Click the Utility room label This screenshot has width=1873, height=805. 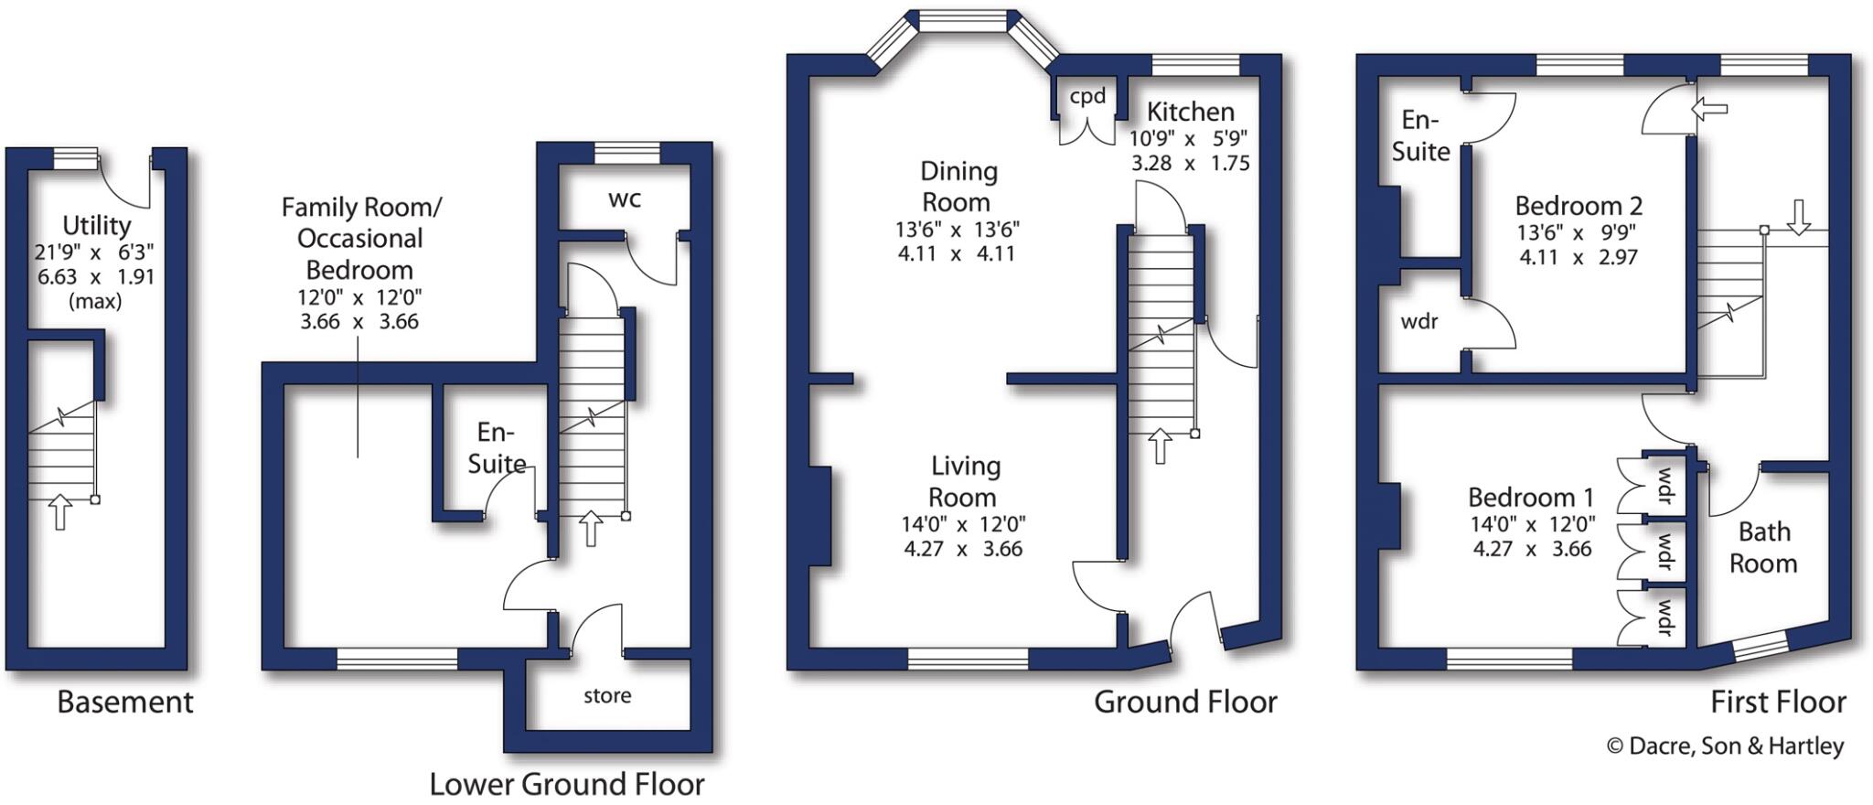[x=96, y=225]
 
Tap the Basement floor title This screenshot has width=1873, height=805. [x=125, y=703]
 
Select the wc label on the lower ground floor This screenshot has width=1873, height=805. [x=625, y=199]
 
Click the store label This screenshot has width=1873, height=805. [x=607, y=696]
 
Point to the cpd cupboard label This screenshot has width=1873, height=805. [x=1087, y=97]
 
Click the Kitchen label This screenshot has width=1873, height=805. [x=1190, y=113]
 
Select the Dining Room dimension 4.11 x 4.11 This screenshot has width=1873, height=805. [x=957, y=253]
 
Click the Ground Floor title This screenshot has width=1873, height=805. [x=1185, y=703]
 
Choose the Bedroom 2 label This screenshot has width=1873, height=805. [x=1579, y=206]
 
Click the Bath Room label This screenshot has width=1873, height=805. [x=1763, y=547]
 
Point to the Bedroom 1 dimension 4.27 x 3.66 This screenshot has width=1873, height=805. [x=1532, y=549]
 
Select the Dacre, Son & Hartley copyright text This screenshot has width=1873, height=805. [x=1726, y=746]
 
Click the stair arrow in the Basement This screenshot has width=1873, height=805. [x=60, y=511]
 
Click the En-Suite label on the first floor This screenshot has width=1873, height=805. [x=1420, y=135]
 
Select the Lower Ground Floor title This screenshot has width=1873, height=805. [x=567, y=784]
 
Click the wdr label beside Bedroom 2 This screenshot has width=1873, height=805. [x=1418, y=322]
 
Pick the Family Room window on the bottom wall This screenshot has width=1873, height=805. [x=397, y=659]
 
